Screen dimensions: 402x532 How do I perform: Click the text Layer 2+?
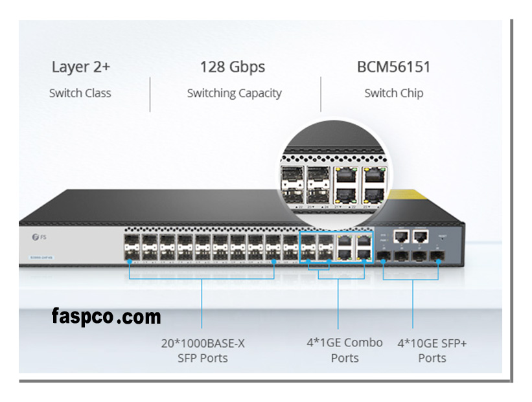pos(80,67)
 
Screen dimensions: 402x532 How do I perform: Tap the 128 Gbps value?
pos(232,67)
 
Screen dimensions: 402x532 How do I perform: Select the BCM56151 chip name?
pos(393,67)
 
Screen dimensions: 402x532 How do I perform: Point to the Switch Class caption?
pos(80,93)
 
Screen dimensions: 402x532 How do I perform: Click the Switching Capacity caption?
pos(234,93)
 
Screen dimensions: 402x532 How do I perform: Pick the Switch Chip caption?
pos(393,93)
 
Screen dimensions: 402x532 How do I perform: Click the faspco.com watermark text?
pos(106,317)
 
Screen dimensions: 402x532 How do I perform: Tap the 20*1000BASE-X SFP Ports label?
pos(203,350)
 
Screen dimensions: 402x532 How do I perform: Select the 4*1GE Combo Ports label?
pos(344,350)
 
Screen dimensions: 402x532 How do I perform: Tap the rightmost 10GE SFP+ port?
pos(439,254)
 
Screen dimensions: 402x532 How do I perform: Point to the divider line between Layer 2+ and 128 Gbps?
pos(150,94)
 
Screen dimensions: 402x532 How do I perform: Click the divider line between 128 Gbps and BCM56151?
pos(321,94)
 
